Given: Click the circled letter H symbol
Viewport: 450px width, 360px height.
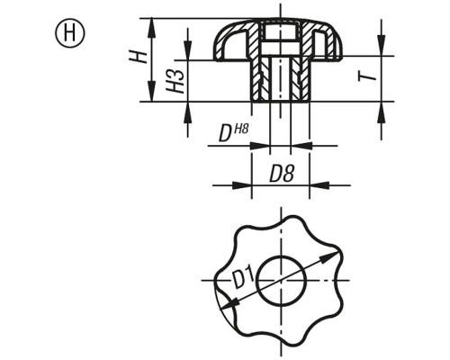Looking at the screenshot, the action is (70, 33).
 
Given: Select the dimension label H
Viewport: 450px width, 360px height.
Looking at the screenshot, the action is (138, 57).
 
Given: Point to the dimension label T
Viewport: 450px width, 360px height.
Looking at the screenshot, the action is (367, 74).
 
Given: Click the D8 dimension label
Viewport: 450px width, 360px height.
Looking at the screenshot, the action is (282, 174).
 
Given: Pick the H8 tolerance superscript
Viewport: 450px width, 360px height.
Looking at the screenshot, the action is (241, 129).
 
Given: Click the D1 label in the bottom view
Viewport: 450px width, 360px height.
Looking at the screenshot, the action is (243, 278).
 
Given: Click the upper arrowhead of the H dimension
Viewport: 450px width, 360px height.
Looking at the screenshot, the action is (152, 28).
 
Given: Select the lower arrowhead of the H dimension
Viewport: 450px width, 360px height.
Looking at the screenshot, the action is (152, 93).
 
